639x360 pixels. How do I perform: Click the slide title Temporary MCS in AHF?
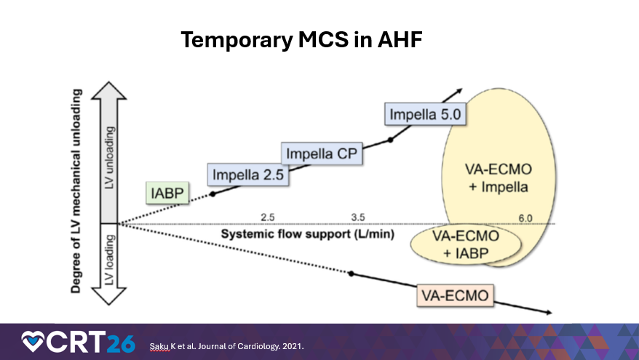[x=301, y=40]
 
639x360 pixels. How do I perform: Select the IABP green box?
[x=167, y=193]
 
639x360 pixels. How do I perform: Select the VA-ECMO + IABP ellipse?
[x=460, y=244]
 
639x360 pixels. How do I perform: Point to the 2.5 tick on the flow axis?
[x=267, y=217]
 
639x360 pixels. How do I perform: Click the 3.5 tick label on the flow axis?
[x=358, y=217]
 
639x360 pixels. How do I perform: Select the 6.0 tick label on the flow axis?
[x=525, y=217]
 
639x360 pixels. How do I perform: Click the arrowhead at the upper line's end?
[x=459, y=90]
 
